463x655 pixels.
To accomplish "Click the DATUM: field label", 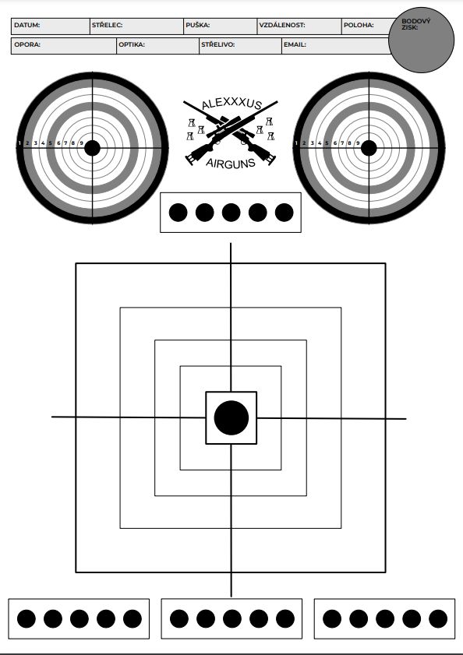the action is (27, 25).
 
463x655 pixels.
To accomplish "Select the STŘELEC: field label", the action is (107, 25).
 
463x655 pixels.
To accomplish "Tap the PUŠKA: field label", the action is (198, 25).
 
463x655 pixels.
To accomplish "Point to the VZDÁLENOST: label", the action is (282, 25).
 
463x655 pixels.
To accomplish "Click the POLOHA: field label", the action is (359, 25).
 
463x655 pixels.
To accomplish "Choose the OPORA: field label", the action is (27, 44).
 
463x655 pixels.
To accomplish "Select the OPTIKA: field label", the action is (131, 44).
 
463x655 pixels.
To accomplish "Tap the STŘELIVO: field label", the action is (218, 44).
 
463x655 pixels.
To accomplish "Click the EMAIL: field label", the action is (295, 44).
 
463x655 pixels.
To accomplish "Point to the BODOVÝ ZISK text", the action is (415, 24).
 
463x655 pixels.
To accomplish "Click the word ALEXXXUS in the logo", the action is (231, 104).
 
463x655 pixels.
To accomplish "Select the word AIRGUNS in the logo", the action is (231, 163).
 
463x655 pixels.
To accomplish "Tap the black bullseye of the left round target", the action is (92, 148).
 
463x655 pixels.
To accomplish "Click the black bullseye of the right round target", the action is (369, 148).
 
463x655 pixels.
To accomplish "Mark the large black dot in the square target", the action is (231, 417).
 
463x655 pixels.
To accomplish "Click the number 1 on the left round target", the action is (19, 143).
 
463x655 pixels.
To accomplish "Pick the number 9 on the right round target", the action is (358, 143).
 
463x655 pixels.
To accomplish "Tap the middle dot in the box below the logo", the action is (231, 212).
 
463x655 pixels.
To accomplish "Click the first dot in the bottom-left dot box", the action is (27, 618).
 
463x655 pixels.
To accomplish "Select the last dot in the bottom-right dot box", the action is (438, 618).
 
